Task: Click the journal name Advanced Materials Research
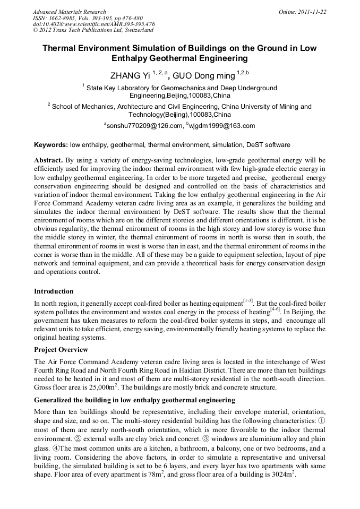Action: (69, 12)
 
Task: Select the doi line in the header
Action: (93, 24)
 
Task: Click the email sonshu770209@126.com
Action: (143, 126)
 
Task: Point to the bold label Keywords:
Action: (51, 145)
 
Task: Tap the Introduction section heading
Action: (54, 291)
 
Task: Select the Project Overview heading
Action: (61, 350)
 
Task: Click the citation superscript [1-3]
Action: (248, 300)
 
